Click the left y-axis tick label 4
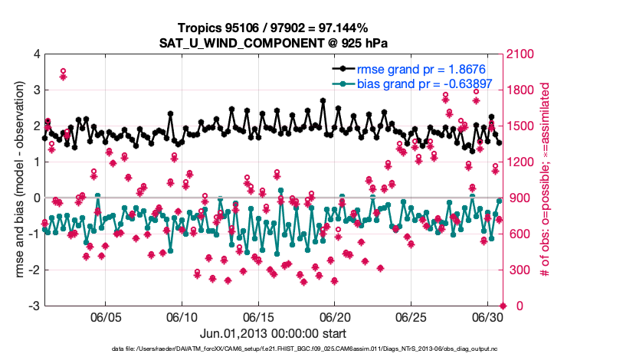(x=37, y=54)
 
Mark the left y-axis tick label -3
(x=34, y=306)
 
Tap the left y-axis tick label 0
(x=37, y=198)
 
